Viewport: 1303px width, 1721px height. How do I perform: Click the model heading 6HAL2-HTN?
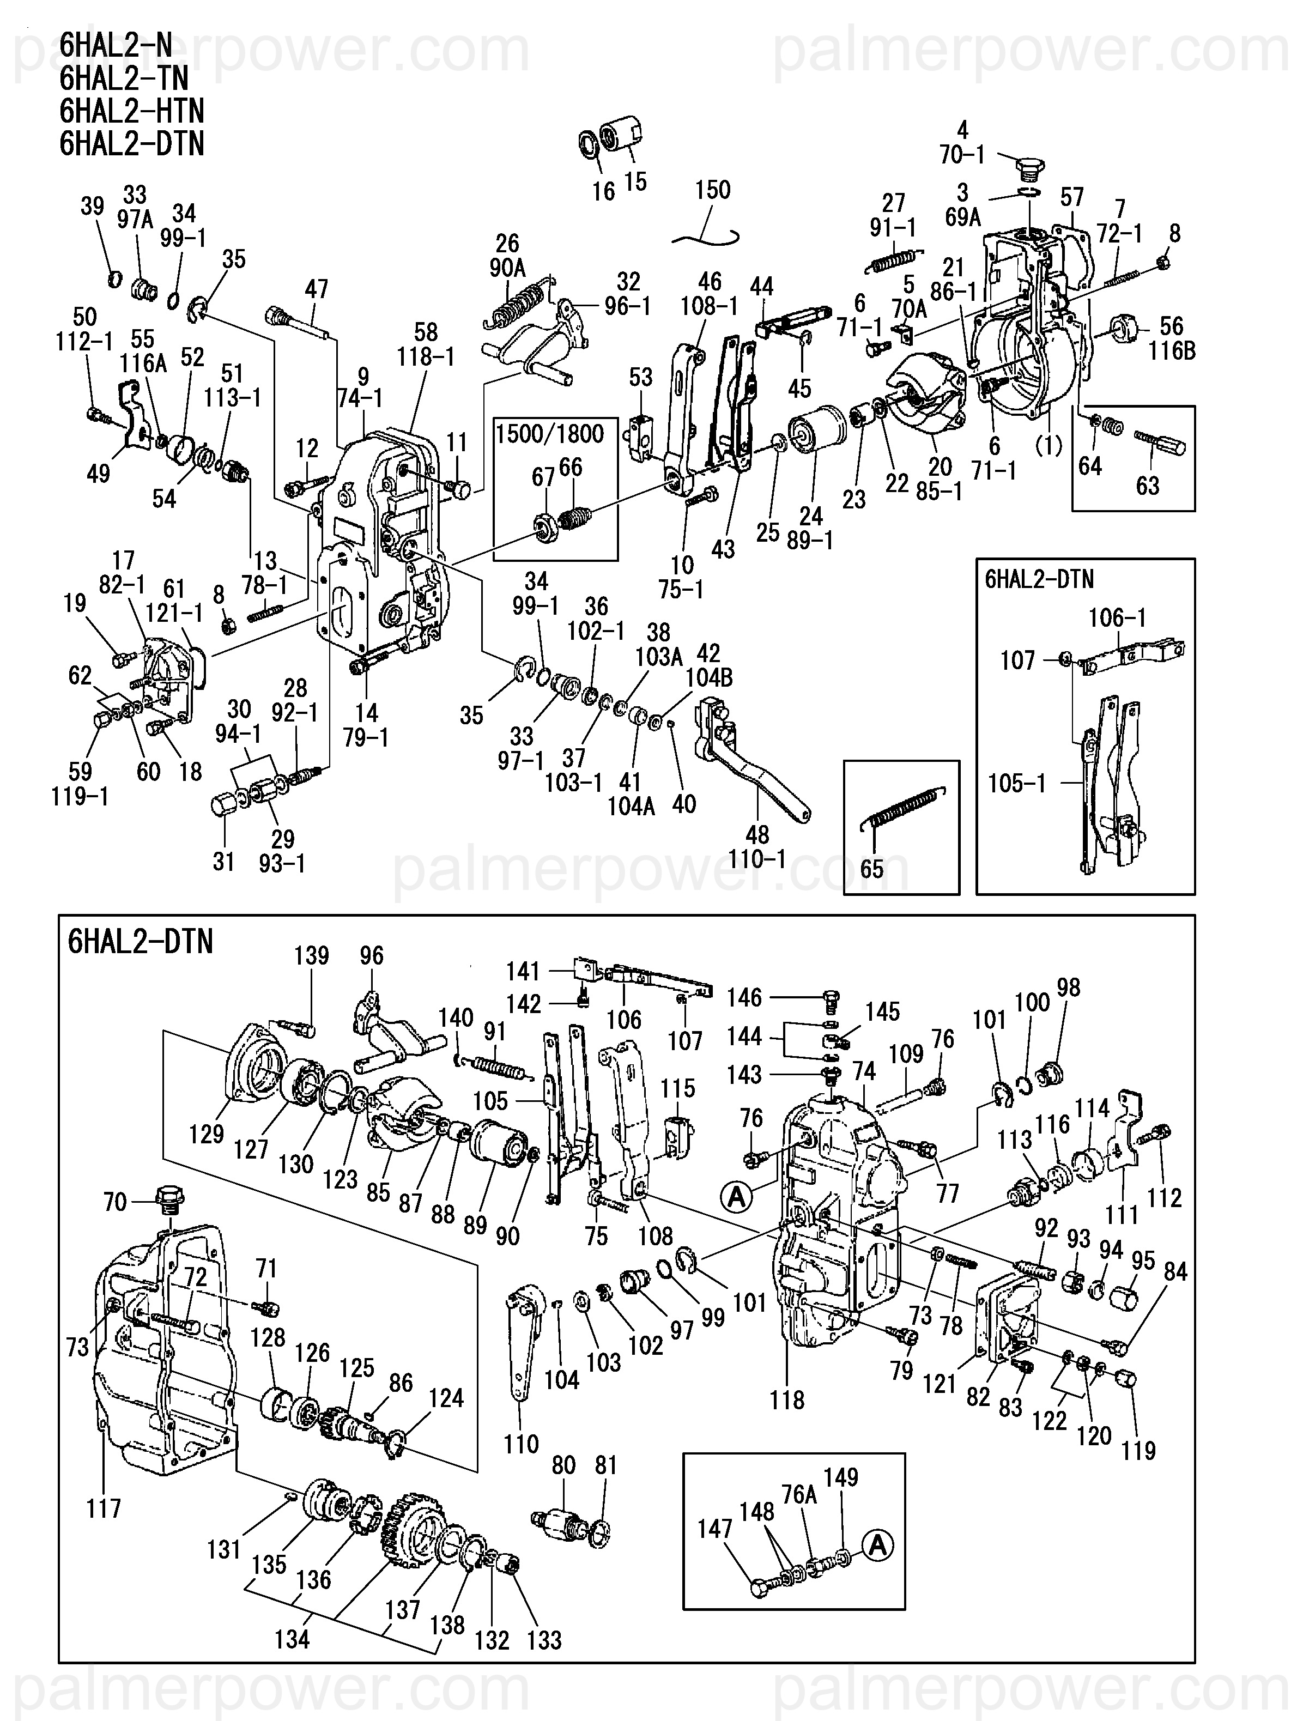pos(131,111)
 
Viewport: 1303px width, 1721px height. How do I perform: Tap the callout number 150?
pos(713,190)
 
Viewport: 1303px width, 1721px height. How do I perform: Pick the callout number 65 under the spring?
pos(872,868)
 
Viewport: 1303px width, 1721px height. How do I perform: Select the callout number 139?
pos(312,955)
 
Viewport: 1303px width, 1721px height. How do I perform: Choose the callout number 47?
pos(317,289)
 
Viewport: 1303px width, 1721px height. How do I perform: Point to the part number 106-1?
pos(1117,618)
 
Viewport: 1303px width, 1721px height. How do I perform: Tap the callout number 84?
pos(1175,1271)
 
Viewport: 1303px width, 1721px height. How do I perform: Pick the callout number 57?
pos(1072,198)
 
